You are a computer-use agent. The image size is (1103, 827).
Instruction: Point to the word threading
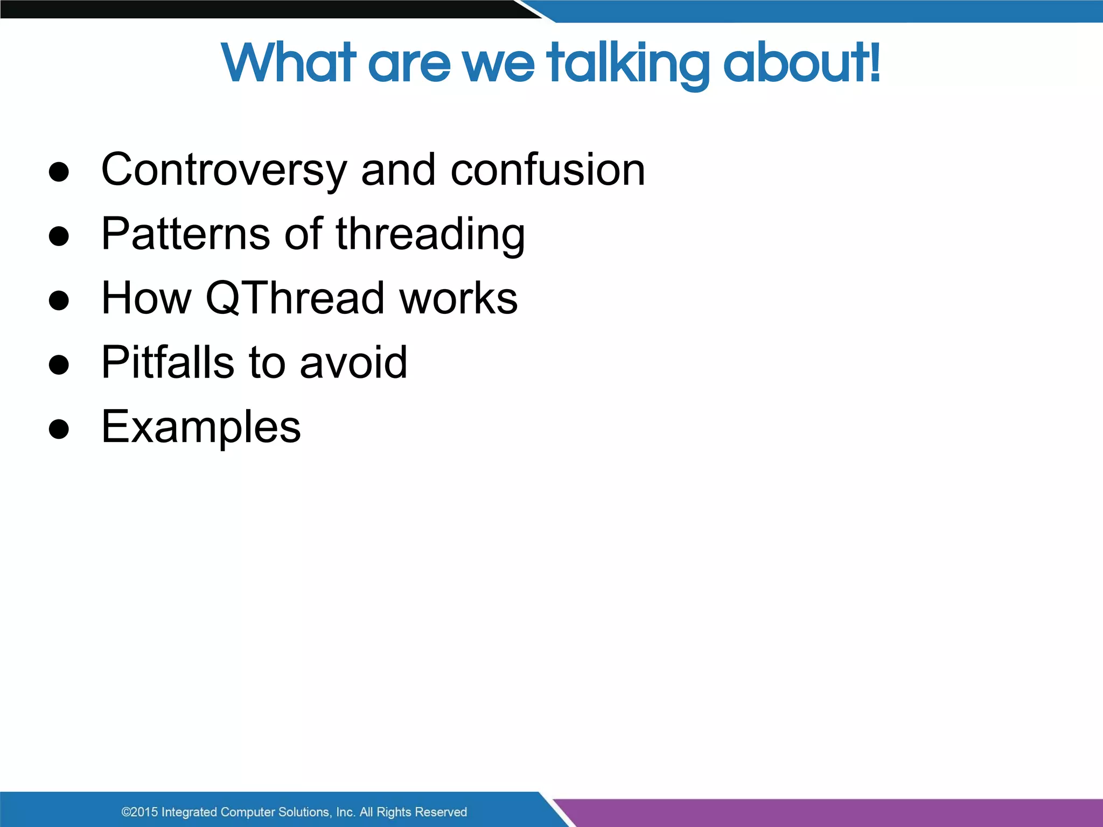click(x=430, y=235)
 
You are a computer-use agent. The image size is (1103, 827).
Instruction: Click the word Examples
click(x=201, y=427)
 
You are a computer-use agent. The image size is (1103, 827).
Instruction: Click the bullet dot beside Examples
click(x=59, y=429)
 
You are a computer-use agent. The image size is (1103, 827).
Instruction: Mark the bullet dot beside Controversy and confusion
click(x=59, y=172)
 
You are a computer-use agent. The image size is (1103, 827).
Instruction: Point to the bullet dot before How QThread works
click(x=59, y=300)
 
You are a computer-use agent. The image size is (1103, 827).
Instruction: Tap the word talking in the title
click(x=628, y=64)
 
